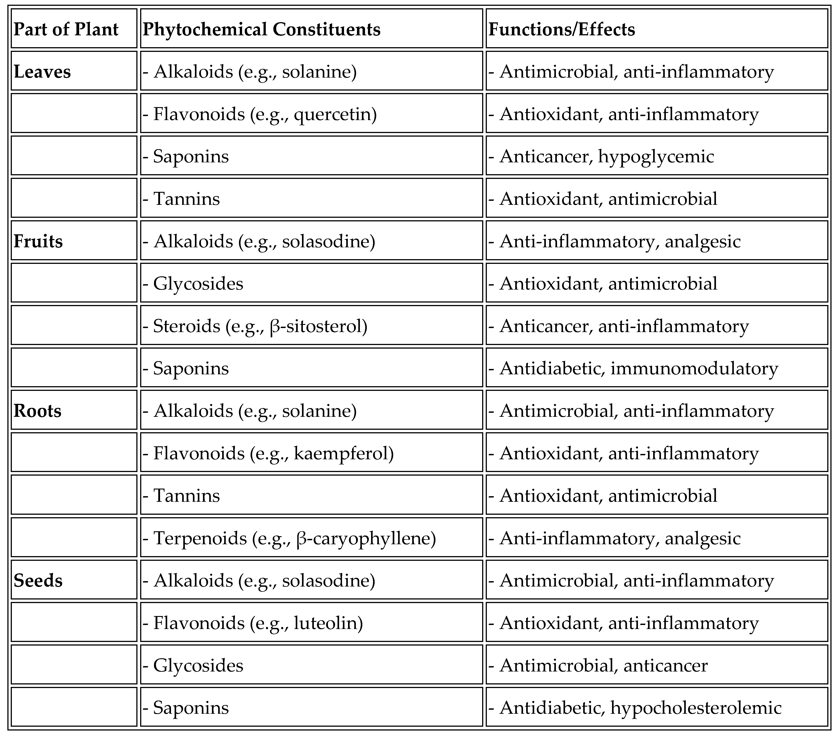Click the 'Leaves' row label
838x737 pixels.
pos(42,72)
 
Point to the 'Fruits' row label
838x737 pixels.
pos(38,241)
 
